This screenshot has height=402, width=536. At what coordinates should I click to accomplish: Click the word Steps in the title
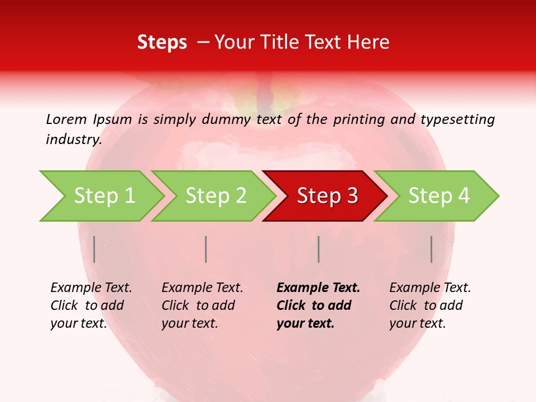click(162, 42)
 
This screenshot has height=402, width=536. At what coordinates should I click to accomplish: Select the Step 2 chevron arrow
click(214, 196)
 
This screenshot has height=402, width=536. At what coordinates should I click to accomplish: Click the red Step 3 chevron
click(326, 196)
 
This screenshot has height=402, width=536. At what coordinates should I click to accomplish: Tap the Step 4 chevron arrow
click(437, 196)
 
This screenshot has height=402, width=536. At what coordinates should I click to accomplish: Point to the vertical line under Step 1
click(94, 249)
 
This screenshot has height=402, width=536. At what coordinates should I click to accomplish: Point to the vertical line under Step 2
click(206, 249)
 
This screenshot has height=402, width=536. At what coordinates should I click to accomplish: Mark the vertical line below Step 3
click(318, 249)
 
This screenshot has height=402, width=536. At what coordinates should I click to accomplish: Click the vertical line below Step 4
click(431, 249)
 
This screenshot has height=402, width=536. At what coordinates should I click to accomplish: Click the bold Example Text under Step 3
click(318, 288)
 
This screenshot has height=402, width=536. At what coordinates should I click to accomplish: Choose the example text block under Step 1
click(91, 305)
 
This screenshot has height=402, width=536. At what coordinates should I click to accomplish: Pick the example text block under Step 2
click(202, 305)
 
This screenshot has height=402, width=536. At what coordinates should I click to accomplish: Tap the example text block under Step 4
click(430, 305)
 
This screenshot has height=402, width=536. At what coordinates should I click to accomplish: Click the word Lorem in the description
click(66, 119)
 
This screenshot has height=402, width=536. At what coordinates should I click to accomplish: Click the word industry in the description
click(73, 140)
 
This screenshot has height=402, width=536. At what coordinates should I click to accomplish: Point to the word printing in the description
click(359, 119)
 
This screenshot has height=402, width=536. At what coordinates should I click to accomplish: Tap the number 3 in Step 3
click(352, 196)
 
